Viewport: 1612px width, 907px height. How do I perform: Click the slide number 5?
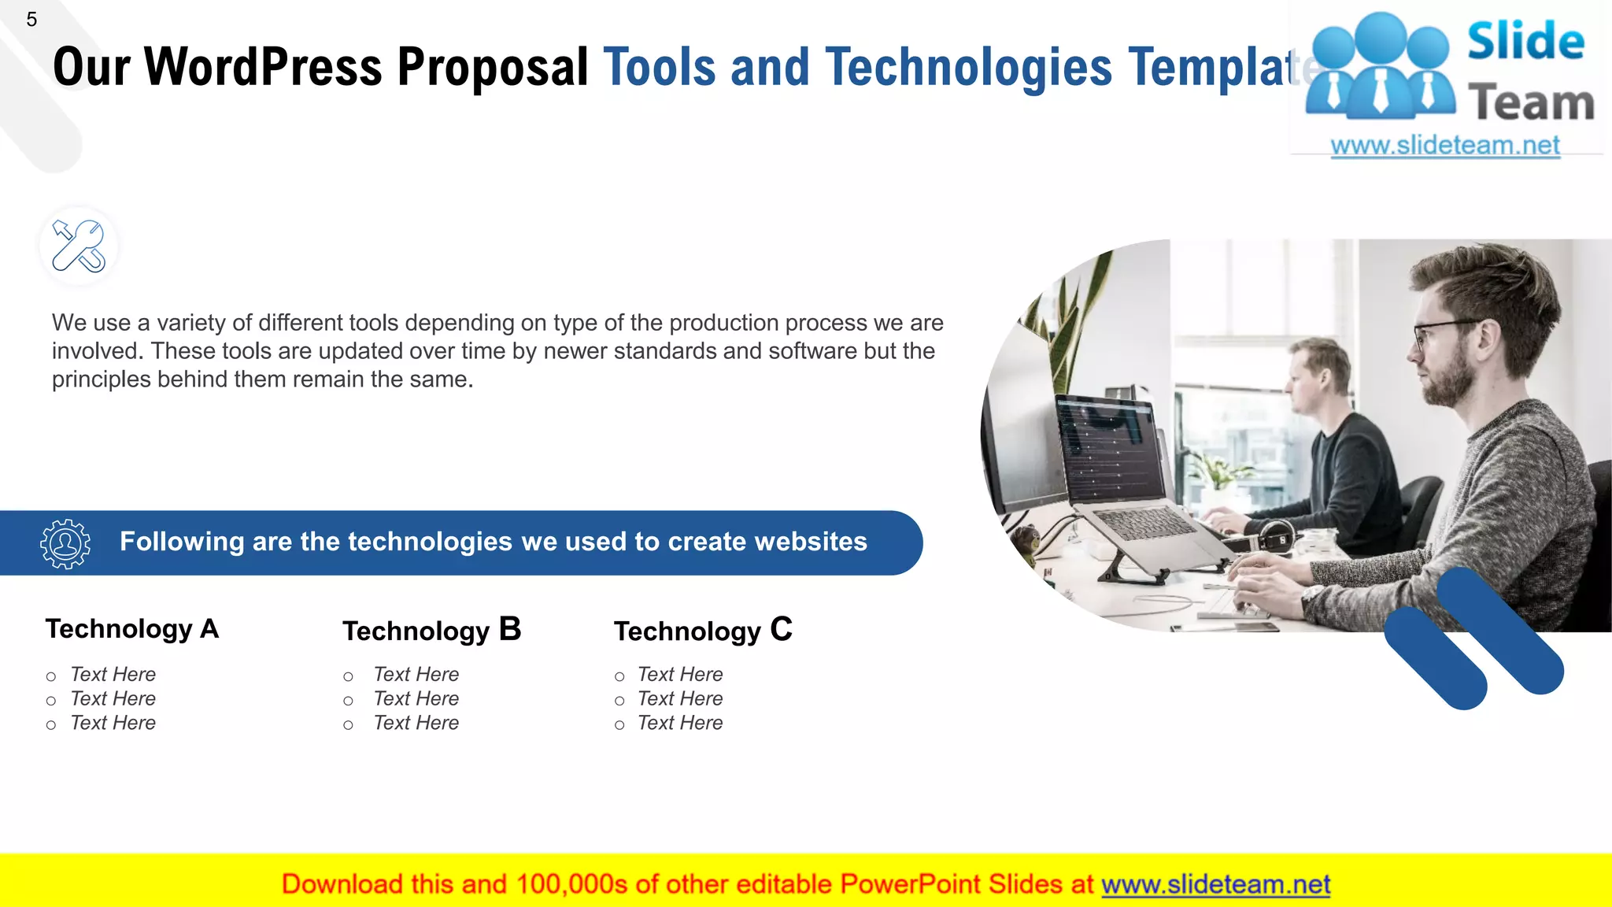(31, 20)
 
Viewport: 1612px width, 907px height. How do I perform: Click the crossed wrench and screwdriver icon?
(79, 246)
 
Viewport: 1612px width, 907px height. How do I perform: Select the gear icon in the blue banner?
(65, 543)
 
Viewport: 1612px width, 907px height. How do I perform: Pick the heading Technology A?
(131, 629)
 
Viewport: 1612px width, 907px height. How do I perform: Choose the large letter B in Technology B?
(510, 630)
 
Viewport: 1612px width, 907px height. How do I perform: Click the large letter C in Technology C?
(781, 630)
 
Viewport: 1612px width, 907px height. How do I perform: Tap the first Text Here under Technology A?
(113, 675)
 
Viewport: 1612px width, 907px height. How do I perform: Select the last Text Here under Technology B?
(416, 724)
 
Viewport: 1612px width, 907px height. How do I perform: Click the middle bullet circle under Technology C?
(619, 701)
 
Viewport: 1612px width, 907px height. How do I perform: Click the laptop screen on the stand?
(1110, 453)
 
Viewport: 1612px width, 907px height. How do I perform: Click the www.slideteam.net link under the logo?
(1445, 146)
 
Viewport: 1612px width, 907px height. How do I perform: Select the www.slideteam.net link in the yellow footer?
(1215, 885)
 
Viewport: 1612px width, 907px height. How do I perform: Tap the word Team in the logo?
(1531, 104)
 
